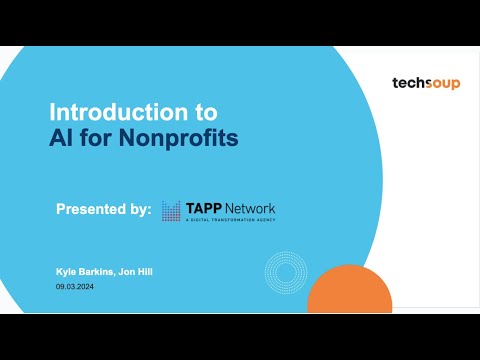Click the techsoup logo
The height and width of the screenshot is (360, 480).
(426, 84)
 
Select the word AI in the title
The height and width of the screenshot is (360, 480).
(63, 137)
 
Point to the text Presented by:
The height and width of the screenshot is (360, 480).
(104, 210)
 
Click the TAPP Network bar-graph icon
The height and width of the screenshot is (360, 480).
(172, 210)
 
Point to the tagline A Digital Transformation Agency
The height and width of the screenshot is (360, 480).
(230, 220)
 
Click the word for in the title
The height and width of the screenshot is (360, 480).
(103, 137)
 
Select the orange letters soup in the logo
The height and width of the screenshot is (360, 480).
(441, 84)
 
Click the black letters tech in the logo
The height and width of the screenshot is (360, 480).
(408, 84)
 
